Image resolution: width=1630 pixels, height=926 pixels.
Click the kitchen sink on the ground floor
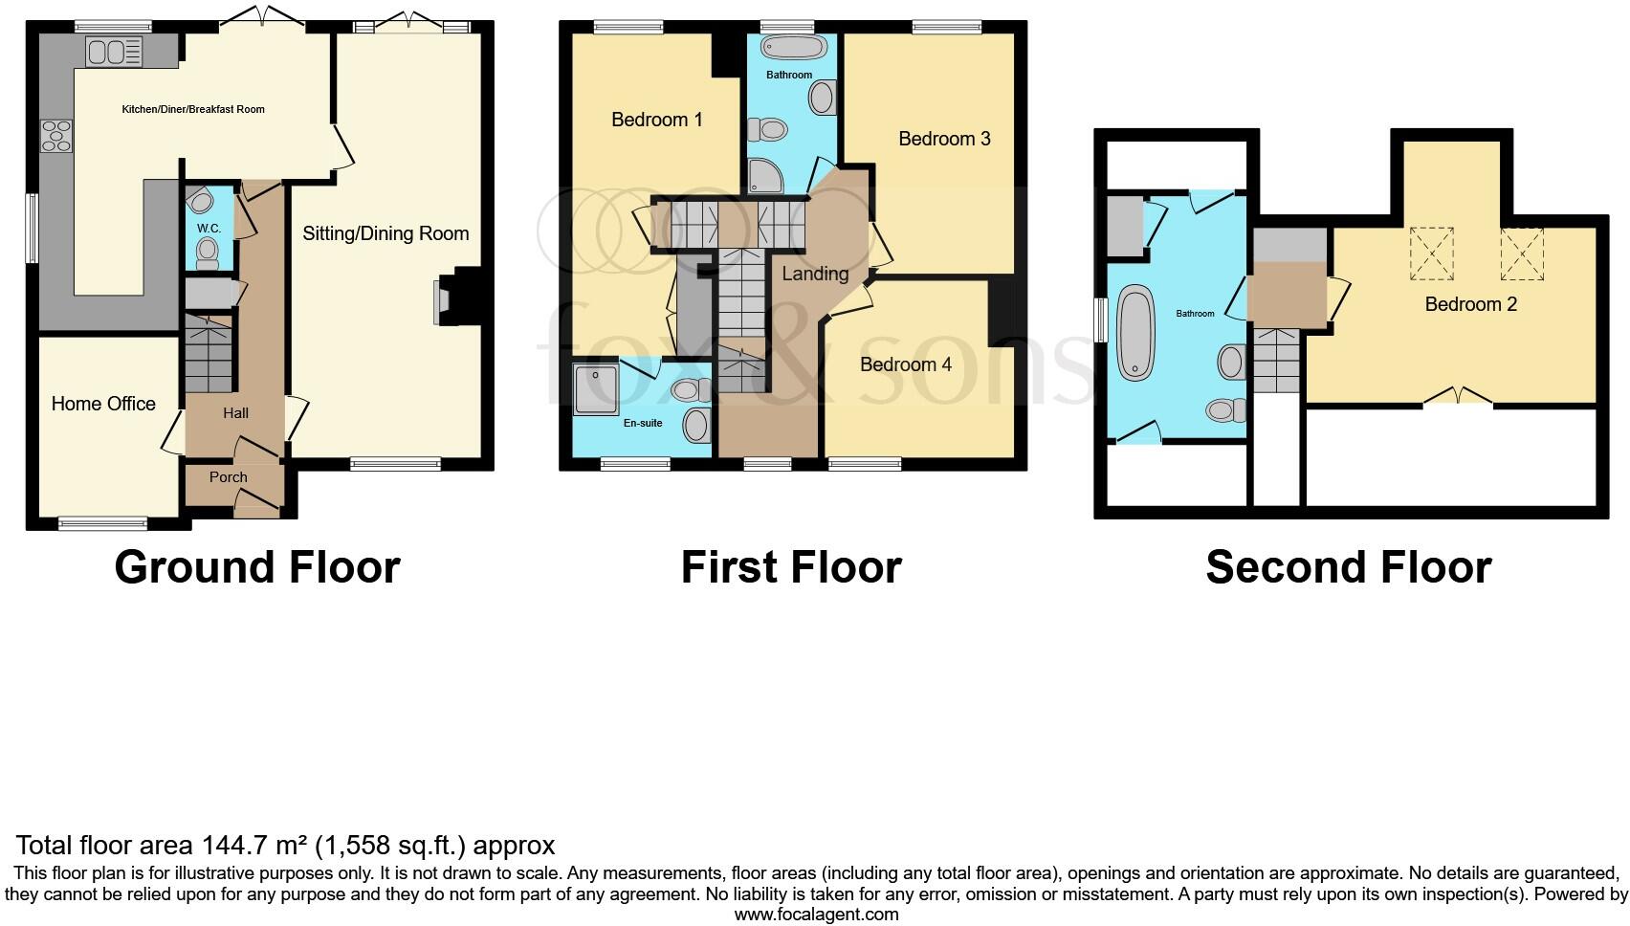pyautogui.click(x=114, y=51)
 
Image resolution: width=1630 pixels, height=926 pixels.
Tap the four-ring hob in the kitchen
pyautogui.click(x=55, y=135)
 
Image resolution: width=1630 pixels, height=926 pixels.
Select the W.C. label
pyautogui.click(x=209, y=229)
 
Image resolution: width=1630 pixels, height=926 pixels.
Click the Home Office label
pyautogui.click(x=103, y=404)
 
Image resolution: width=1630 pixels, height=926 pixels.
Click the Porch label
pyautogui.click(x=229, y=476)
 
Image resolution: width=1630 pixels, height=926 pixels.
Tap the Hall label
pyautogui.click(x=235, y=413)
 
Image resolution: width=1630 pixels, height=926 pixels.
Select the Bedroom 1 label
pyautogui.click(x=656, y=120)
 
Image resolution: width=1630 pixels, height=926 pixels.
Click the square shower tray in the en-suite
pyautogui.click(x=596, y=387)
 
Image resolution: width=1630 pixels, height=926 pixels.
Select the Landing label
pyautogui.click(x=815, y=274)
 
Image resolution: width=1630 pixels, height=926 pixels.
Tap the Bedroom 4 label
pyautogui.click(x=905, y=364)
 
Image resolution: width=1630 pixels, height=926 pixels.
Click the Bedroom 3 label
pyautogui.click(x=944, y=139)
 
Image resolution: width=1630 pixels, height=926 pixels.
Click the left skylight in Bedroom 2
pyautogui.click(x=1431, y=254)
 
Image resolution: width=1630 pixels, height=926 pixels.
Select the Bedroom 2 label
pyautogui.click(x=1470, y=304)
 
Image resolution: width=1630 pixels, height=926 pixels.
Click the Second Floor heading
pyautogui.click(x=1348, y=567)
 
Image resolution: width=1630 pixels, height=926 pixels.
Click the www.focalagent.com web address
pyautogui.click(x=816, y=915)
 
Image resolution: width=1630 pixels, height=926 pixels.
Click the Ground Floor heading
pyautogui.click(x=256, y=567)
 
